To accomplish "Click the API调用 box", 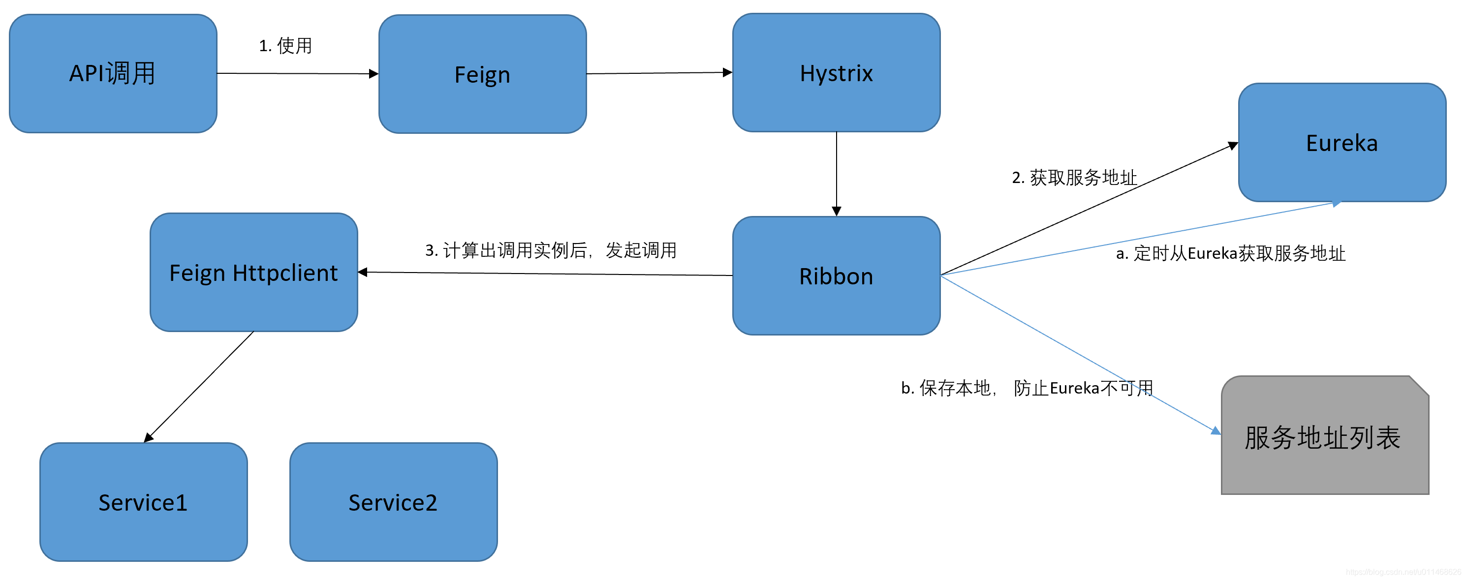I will pyautogui.click(x=113, y=73).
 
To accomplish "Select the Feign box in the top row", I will pyautogui.click(x=482, y=74).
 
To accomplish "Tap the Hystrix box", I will pyautogui.click(x=836, y=73).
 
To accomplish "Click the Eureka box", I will pyautogui.click(x=1341, y=142).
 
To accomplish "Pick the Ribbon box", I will pyautogui.click(x=836, y=275).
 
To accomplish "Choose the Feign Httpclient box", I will pyautogui.click(x=253, y=272).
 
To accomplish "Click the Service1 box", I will pyautogui.click(x=143, y=502).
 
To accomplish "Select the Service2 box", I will pyautogui.click(x=393, y=502).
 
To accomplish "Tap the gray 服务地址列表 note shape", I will pyautogui.click(x=1324, y=437).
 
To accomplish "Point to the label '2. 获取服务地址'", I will pyautogui.click(x=1074, y=178).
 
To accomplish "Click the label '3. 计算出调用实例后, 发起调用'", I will pyautogui.click(x=550, y=250).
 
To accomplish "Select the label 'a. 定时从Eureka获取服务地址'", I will pyautogui.click(x=1230, y=253).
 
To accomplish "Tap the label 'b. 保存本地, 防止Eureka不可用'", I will pyautogui.click(x=1027, y=388).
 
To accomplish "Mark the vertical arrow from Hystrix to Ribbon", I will pyautogui.click(x=836, y=171).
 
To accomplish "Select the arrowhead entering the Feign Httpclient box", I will pyautogui.click(x=363, y=272).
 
